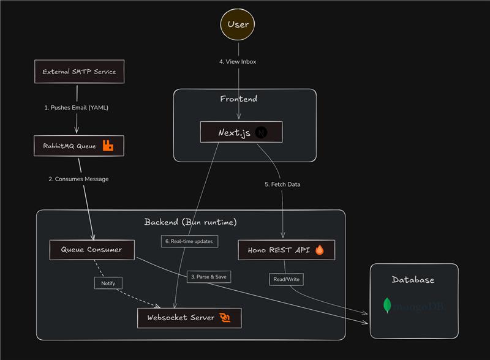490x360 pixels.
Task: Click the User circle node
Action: (x=238, y=24)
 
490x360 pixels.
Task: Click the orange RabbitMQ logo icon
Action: (x=108, y=146)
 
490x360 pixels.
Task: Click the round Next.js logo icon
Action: (x=261, y=132)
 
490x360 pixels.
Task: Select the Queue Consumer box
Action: (x=91, y=250)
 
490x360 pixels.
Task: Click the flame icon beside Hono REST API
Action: (x=319, y=250)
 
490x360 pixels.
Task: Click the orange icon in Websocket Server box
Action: (x=225, y=318)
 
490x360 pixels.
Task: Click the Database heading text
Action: (x=413, y=280)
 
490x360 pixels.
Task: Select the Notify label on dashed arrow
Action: (x=108, y=283)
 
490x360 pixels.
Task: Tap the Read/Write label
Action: (x=286, y=279)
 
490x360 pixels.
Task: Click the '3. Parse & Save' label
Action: (x=209, y=277)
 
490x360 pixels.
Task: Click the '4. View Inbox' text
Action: (x=238, y=62)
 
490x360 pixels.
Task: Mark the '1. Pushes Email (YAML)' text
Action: (x=76, y=107)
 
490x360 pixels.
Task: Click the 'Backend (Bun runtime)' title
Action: (x=190, y=222)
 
